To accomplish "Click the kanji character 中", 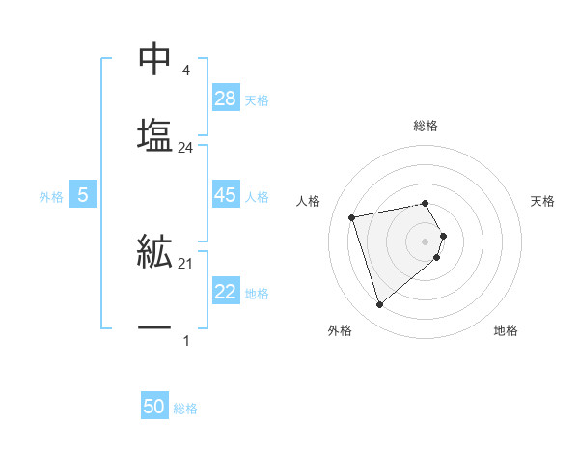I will (154, 59).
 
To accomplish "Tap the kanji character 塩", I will (154, 133).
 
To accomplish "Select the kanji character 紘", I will (154, 253).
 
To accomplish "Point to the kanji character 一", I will (154, 328).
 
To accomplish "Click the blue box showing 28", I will (226, 99).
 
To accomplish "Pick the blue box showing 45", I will (226, 195).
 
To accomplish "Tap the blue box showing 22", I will (226, 292).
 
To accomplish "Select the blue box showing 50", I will (154, 407).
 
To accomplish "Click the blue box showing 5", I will (83, 195).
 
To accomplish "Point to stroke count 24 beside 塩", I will (186, 148).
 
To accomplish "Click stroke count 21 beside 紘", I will (186, 264).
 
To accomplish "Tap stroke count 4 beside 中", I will (185, 71).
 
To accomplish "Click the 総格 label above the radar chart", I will (426, 126).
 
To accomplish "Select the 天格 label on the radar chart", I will (542, 201).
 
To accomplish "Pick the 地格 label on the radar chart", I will (506, 330).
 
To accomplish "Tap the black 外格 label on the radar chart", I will (340, 330).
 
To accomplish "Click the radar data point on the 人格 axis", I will (352, 216).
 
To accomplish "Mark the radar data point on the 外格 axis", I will (379, 305).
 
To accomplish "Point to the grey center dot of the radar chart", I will (426, 240).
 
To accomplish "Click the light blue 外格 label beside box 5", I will (51, 196).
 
